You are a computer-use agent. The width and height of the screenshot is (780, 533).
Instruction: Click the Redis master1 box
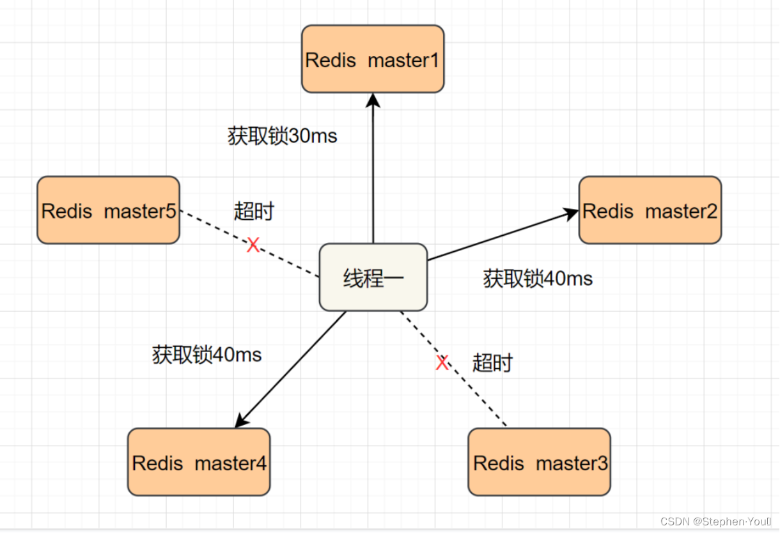click(x=373, y=59)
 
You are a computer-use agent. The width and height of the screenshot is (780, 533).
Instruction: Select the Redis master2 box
click(x=650, y=210)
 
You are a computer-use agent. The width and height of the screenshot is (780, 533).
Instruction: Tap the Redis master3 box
click(x=539, y=462)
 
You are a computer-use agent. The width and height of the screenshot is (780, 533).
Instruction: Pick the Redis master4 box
click(x=199, y=462)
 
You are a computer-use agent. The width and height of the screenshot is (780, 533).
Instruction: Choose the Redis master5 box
click(x=108, y=210)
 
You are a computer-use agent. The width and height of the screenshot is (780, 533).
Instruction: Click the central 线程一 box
click(x=373, y=277)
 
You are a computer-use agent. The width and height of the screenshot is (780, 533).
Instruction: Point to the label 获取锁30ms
click(x=282, y=136)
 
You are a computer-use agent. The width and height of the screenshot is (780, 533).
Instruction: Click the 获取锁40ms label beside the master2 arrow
click(x=538, y=279)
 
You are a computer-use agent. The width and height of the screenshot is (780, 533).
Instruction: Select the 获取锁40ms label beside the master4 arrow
click(x=207, y=355)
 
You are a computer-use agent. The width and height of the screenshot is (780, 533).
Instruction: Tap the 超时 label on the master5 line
click(x=254, y=211)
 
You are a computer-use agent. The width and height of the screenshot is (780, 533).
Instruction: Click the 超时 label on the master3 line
click(x=492, y=363)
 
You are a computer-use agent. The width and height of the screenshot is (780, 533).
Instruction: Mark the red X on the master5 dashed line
click(x=253, y=245)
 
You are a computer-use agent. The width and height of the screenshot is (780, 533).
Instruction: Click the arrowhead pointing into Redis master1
click(x=373, y=99)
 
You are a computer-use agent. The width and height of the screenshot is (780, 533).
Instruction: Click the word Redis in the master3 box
click(x=497, y=463)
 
